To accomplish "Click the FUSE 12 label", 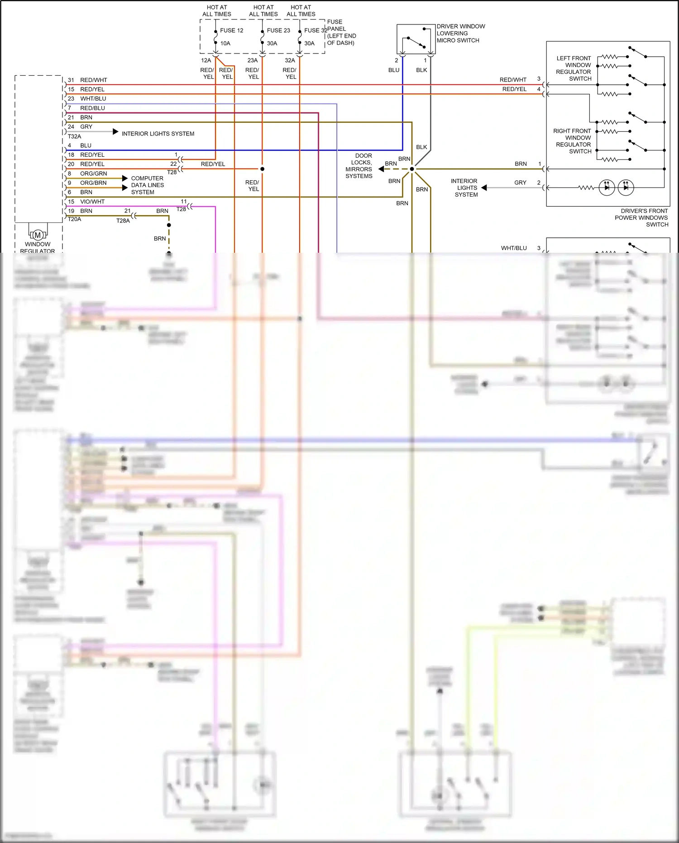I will pyautogui.click(x=231, y=30).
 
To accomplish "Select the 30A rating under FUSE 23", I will pyautogui.click(x=272, y=43).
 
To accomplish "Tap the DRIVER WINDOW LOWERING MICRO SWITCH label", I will pyautogui.click(x=460, y=33).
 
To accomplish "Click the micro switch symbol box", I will pyautogui.click(x=416, y=39).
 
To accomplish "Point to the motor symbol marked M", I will pyautogui.click(x=38, y=235).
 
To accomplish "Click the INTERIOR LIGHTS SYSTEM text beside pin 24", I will pyautogui.click(x=158, y=134).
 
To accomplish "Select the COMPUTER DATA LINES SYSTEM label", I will pyautogui.click(x=147, y=185).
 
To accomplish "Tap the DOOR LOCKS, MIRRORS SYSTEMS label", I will pyautogui.click(x=359, y=166).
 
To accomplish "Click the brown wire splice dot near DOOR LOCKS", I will pyautogui.click(x=412, y=169).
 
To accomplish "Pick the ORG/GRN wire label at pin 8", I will pyautogui.click(x=94, y=173).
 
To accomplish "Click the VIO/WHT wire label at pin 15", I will pyautogui.click(x=92, y=202).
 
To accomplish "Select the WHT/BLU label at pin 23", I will pyautogui.click(x=93, y=98).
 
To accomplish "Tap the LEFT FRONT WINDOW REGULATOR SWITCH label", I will pyautogui.click(x=574, y=68).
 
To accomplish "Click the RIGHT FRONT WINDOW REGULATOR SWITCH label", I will pyautogui.click(x=573, y=141).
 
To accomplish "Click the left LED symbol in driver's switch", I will pyautogui.click(x=607, y=187).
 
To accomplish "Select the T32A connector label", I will pyautogui.click(x=75, y=136).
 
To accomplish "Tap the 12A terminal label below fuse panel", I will pyautogui.click(x=206, y=60).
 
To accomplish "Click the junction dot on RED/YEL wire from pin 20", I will pyautogui.click(x=262, y=169).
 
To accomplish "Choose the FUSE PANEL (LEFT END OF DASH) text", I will pyautogui.click(x=341, y=32).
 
